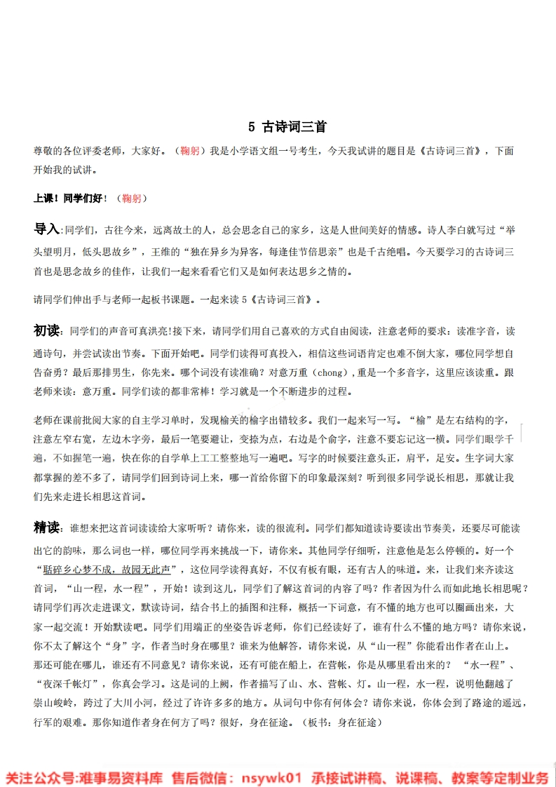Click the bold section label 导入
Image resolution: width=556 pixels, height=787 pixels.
(48, 229)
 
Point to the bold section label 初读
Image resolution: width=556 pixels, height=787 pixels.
(48, 330)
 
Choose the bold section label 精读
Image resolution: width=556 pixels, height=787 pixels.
(48, 527)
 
